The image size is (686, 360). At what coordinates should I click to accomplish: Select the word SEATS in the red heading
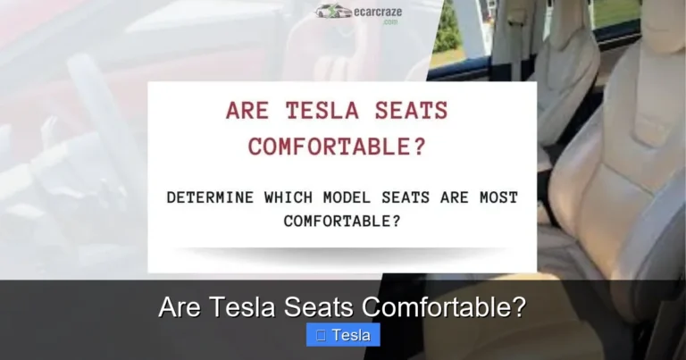(x=409, y=112)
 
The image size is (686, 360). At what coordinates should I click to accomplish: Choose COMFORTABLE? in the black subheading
(x=342, y=220)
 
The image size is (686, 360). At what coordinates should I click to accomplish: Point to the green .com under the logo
(x=390, y=21)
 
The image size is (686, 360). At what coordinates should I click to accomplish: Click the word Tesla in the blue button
(x=351, y=335)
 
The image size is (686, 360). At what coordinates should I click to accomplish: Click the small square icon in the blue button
(x=320, y=335)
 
